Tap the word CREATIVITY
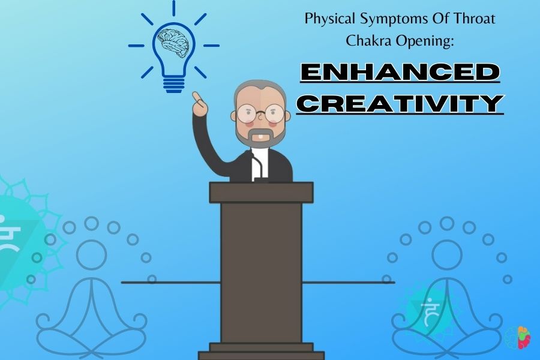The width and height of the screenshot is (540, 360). click(400, 103)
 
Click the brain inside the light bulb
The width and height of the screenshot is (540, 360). click(173, 43)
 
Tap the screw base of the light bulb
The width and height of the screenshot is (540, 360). click(173, 85)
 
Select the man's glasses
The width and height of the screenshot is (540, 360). click(261, 113)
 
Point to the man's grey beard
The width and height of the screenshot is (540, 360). click(261, 136)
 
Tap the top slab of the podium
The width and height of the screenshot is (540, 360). click(262, 193)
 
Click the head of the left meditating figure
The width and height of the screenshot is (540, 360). click(91, 255)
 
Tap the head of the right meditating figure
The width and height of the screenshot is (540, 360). click(446, 255)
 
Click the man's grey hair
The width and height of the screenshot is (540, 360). click(260, 89)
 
